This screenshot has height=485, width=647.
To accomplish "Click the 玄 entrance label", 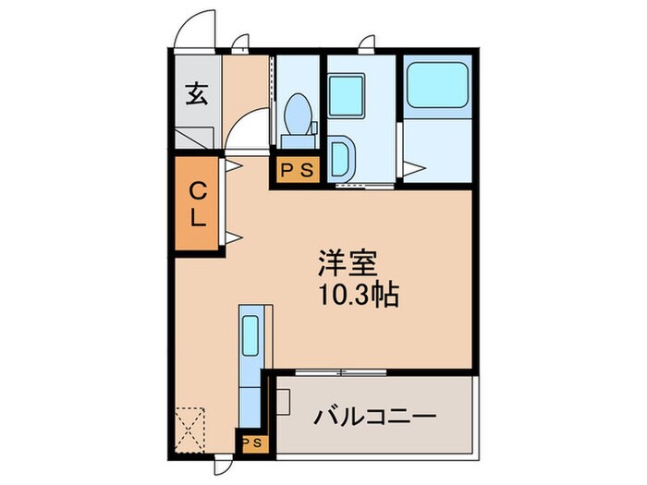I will [196, 93].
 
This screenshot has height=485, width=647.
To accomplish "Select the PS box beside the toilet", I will [296, 169].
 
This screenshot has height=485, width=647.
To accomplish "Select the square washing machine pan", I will [349, 93].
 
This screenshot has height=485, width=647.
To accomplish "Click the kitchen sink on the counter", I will [250, 335].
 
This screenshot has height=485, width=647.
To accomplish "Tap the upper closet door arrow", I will [232, 166].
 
